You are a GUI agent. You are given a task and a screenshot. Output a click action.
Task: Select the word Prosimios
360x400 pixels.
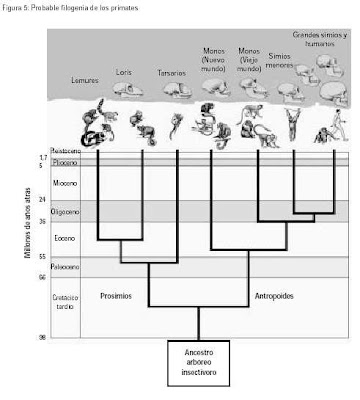coord(120,296)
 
